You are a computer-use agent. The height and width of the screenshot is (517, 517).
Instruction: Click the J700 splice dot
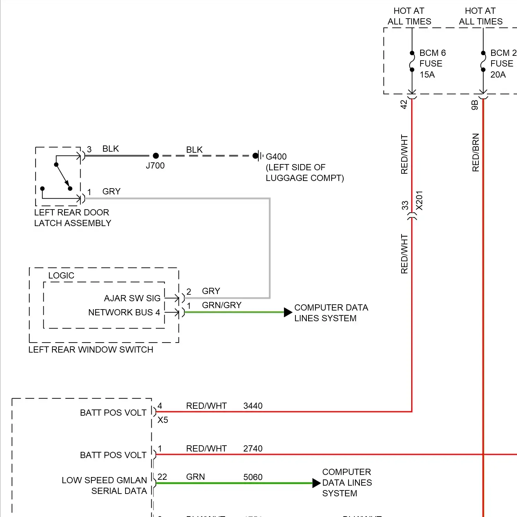pyautogui.click(x=156, y=156)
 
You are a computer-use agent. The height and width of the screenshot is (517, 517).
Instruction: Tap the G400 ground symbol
pyautogui.click(x=257, y=156)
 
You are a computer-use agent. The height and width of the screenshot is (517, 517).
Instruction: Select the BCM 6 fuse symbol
pyautogui.click(x=412, y=61)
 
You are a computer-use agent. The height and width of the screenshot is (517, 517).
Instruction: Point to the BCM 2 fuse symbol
pyautogui.click(x=483, y=61)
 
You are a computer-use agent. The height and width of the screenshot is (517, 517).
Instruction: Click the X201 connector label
pyautogui.click(x=419, y=200)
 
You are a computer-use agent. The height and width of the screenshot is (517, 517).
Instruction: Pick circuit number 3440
pyautogui.click(x=253, y=406)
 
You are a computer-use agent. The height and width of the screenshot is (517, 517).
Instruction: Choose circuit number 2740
pyautogui.click(x=253, y=448)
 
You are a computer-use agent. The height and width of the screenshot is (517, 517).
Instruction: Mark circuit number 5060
pyautogui.click(x=253, y=477)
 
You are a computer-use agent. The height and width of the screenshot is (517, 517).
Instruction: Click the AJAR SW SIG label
pyautogui.click(x=132, y=298)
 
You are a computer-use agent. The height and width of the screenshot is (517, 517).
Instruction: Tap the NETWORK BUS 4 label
pyautogui.click(x=124, y=312)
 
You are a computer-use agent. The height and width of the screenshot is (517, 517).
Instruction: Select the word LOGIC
pyautogui.click(x=61, y=275)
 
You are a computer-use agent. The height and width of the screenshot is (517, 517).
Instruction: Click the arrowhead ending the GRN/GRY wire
pyautogui.click(x=288, y=312)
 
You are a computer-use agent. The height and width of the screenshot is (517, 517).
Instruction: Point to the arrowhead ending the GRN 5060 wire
pyautogui.click(x=316, y=483)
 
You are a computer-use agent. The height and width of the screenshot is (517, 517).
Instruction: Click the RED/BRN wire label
pyautogui.click(x=476, y=152)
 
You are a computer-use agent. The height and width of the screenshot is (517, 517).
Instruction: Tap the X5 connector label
pyautogui.click(x=163, y=420)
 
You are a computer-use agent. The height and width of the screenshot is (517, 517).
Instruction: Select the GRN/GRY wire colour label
pyautogui.click(x=222, y=305)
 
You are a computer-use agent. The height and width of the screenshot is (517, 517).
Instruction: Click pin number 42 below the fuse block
pyautogui.click(x=404, y=104)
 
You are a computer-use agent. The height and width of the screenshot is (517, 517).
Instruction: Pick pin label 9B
pyautogui.click(x=475, y=105)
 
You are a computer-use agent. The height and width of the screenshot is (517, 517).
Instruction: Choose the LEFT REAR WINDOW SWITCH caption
pyautogui.click(x=91, y=349)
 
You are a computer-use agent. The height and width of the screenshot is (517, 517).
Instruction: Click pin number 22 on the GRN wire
pyautogui.click(x=162, y=477)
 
